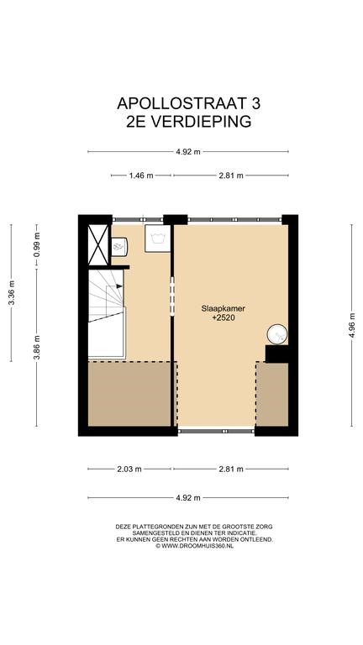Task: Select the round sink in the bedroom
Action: (x=277, y=334)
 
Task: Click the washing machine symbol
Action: (x=157, y=239)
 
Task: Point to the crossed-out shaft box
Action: (x=98, y=244)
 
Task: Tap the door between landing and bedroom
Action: (x=172, y=296)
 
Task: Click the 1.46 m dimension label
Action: (x=141, y=176)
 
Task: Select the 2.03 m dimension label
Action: (x=129, y=469)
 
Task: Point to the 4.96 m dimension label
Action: (x=351, y=325)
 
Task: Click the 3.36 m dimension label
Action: (x=12, y=292)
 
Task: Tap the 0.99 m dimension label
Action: (x=37, y=245)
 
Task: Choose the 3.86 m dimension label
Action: (x=37, y=347)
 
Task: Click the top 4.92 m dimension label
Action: (x=188, y=152)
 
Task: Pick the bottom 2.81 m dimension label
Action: (x=231, y=469)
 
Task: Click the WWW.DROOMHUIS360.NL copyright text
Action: (x=194, y=546)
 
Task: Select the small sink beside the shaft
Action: (x=119, y=247)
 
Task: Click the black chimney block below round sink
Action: (x=276, y=354)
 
